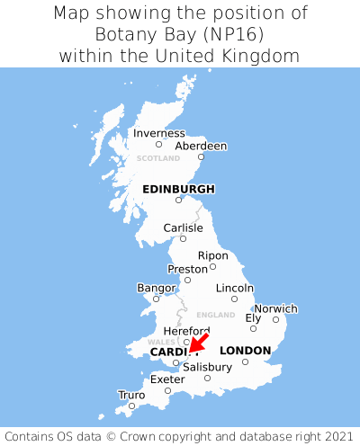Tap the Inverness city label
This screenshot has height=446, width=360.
(158, 134)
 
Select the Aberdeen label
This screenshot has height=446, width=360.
(201, 146)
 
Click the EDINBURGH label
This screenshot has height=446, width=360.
(178, 189)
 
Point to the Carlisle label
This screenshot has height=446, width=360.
(183, 228)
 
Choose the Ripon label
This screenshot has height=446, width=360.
(213, 255)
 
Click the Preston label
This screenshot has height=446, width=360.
(187, 269)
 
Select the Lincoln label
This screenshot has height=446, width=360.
(235, 288)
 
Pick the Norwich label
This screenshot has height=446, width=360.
(275, 308)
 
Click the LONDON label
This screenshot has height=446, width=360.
(245, 350)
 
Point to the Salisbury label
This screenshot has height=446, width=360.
(207, 367)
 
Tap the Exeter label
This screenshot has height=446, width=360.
(167, 379)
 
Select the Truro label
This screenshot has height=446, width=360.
(131, 395)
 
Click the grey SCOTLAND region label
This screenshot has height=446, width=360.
(158, 158)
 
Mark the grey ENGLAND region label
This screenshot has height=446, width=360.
(215, 315)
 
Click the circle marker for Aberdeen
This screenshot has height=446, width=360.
(202, 157)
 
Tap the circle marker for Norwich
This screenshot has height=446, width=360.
(275, 319)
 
